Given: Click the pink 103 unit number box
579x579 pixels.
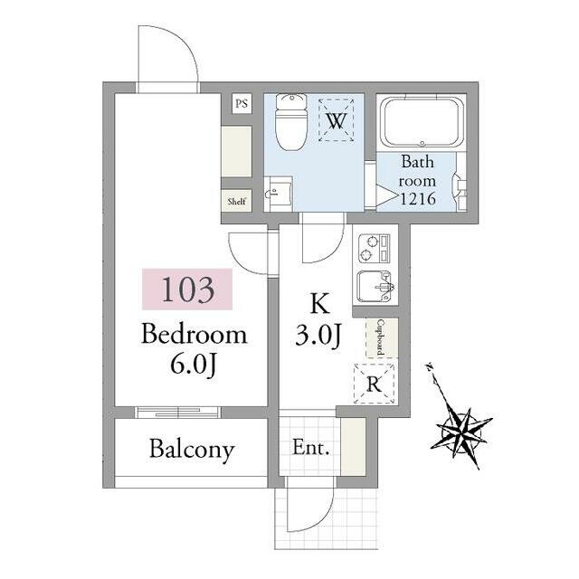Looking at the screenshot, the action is (x=187, y=289).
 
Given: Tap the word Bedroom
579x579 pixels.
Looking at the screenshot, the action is (x=194, y=334).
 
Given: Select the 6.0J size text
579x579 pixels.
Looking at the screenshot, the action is (x=193, y=365).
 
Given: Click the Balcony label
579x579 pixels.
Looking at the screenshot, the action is (x=192, y=449).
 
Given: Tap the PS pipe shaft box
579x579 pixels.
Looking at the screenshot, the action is (x=242, y=103).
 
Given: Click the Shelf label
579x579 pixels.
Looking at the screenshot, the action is (x=237, y=201).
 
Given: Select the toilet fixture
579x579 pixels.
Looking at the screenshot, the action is (x=291, y=121).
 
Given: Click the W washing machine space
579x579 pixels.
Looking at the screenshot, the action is (x=336, y=120).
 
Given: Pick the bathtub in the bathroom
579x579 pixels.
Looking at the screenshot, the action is (x=422, y=123).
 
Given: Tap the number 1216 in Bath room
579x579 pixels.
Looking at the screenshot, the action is (x=418, y=199).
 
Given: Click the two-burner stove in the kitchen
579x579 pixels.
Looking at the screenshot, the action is (x=374, y=249).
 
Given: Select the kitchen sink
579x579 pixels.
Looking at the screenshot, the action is (x=375, y=287).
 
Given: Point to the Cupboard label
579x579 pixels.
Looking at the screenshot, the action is (x=381, y=337).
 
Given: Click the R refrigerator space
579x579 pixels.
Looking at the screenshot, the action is (x=374, y=384).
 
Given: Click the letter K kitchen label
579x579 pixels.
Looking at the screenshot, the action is (x=319, y=303).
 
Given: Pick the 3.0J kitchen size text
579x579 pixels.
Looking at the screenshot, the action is (x=318, y=335).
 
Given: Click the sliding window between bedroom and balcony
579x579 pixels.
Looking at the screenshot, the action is (x=177, y=413).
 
